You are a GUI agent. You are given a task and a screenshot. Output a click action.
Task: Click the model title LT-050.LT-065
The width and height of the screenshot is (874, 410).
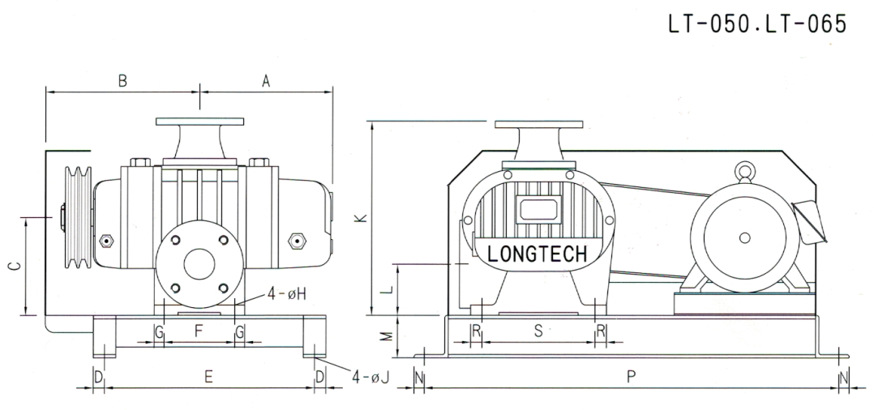tap(757, 24)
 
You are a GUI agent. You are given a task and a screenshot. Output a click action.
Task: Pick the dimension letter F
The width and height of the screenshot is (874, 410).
tap(199, 331)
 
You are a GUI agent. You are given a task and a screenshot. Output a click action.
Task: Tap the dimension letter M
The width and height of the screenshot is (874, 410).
tap(389, 333)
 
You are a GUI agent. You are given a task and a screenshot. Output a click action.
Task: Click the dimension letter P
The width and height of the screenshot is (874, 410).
tap(632, 376)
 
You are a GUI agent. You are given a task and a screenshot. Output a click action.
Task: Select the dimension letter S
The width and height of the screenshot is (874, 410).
tap(538, 331)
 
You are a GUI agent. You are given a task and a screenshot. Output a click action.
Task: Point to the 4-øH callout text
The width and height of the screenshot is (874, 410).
tap(287, 294)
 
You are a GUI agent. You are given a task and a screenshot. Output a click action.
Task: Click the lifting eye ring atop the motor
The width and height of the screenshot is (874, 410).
tap(743, 172)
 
